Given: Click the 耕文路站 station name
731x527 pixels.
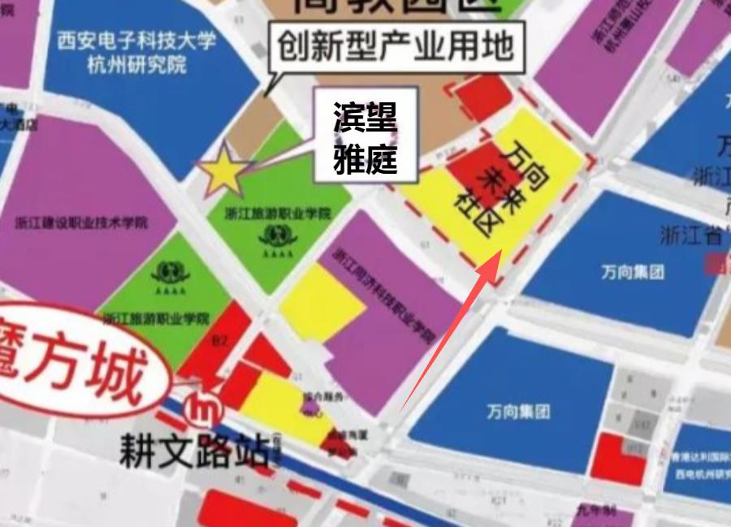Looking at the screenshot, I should click(193, 449).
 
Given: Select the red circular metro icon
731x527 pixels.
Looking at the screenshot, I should click(204, 411).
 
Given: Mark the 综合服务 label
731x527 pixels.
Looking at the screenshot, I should click(324, 397).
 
